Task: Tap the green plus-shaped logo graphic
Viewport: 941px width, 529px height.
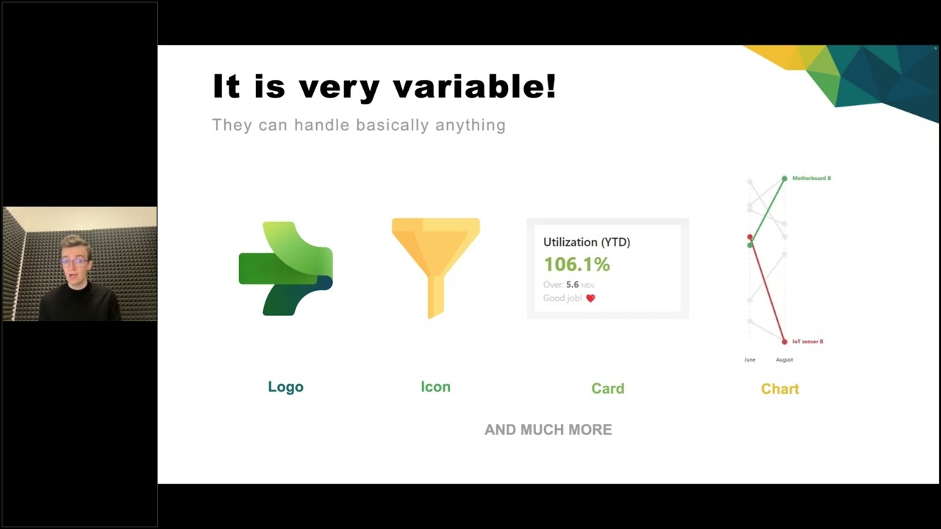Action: (285, 268)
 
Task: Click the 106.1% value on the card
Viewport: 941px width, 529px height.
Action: (576, 264)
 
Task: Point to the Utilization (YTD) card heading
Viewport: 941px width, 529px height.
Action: (586, 242)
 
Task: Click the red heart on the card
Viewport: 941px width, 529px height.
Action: (590, 298)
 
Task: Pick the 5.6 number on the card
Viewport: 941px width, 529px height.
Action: (572, 285)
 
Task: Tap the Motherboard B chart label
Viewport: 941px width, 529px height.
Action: (811, 179)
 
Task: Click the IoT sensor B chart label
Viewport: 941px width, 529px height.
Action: (807, 342)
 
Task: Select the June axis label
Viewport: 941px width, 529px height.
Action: (749, 360)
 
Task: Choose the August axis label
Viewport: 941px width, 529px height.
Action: (784, 360)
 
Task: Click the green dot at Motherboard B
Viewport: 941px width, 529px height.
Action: (784, 179)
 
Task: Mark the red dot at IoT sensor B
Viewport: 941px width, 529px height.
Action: (784, 342)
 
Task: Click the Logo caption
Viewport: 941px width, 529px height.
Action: (285, 387)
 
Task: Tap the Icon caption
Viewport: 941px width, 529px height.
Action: (435, 387)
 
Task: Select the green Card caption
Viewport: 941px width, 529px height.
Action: (607, 389)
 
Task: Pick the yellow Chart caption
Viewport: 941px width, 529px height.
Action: (779, 389)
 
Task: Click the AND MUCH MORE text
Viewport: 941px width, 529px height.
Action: (548, 430)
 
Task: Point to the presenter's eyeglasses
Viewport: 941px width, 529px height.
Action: (74, 262)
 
